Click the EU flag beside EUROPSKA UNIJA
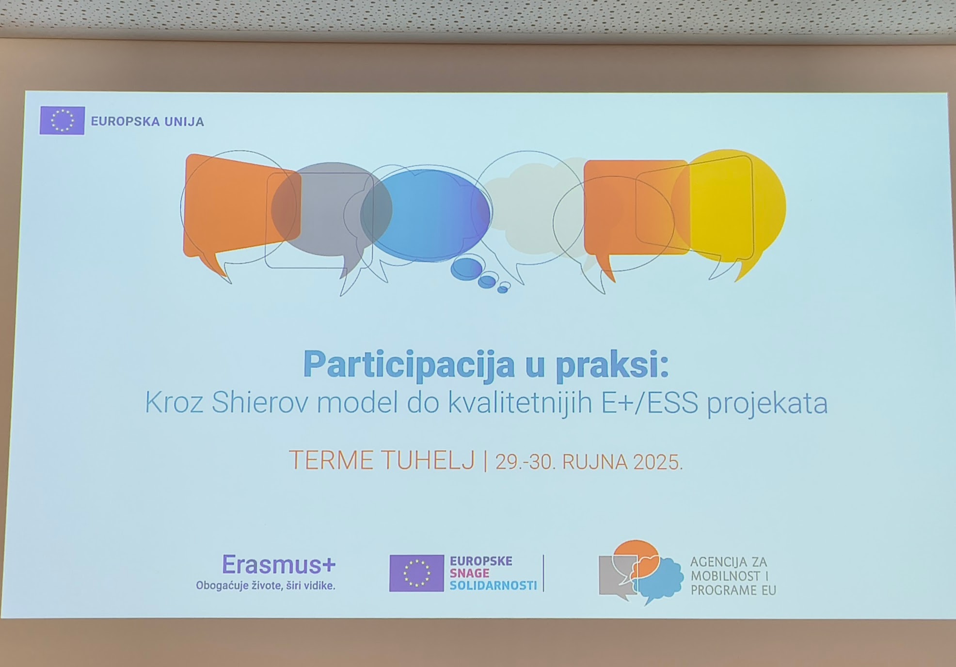[62, 121]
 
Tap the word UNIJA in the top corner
[184, 122]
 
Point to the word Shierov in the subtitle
[259, 402]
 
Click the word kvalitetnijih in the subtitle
[520, 402]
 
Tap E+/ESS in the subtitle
[650, 403]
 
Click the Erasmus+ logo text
[279, 564]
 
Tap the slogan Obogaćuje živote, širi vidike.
[266, 586]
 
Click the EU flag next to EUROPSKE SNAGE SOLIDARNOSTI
[416, 573]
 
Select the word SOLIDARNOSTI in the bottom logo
[493, 586]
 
